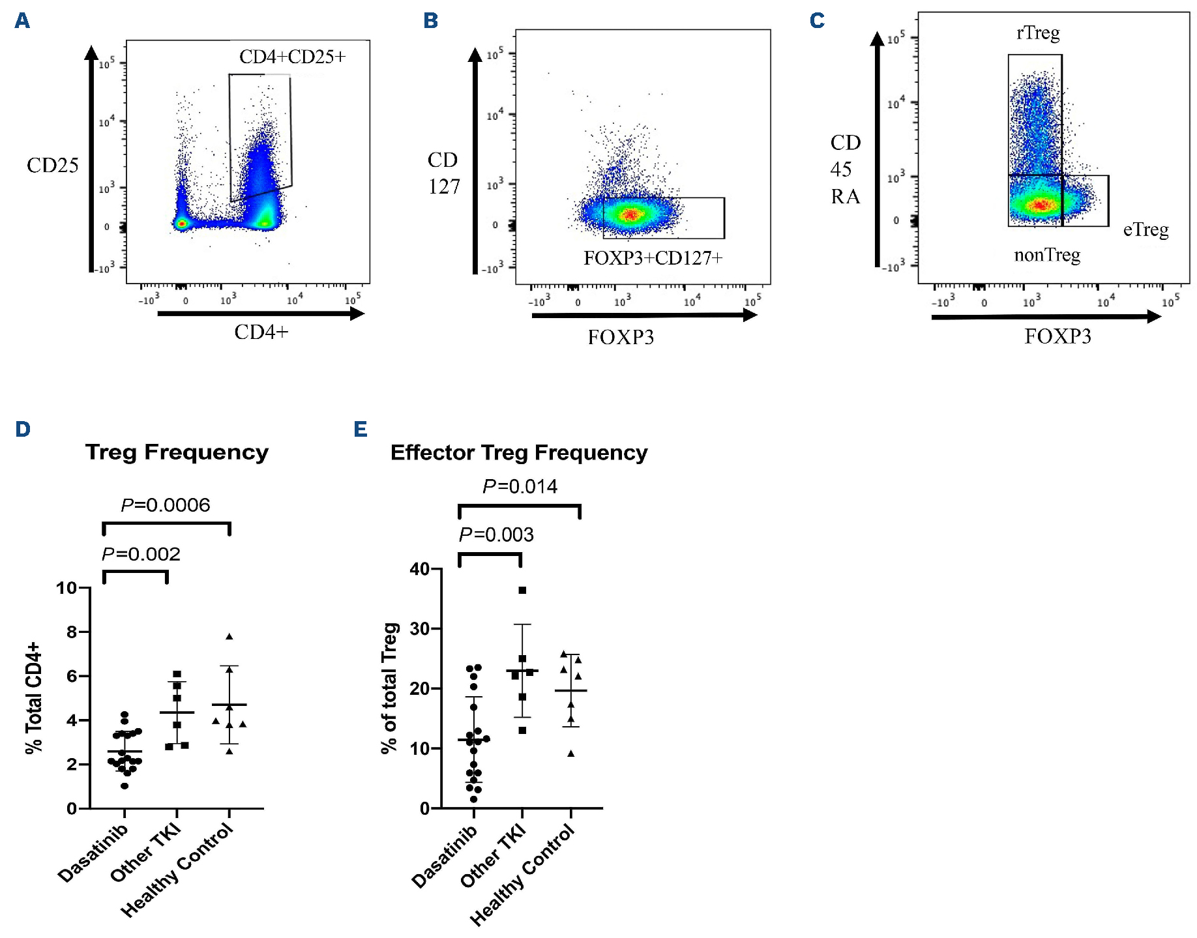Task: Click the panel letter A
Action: (x=22, y=21)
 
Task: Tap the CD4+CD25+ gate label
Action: (x=292, y=57)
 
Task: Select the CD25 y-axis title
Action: (x=52, y=166)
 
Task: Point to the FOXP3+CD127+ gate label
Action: (x=653, y=258)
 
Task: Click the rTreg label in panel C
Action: (x=1038, y=33)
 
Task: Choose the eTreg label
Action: (x=1145, y=229)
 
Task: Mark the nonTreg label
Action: (x=1047, y=255)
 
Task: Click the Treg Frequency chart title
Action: (x=177, y=452)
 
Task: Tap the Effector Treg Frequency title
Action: (x=518, y=452)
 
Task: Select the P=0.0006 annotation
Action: (x=166, y=505)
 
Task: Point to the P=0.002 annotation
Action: (x=141, y=554)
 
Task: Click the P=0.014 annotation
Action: (x=520, y=486)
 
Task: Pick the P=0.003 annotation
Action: (x=496, y=535)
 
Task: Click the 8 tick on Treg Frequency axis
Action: (x=72, y=632)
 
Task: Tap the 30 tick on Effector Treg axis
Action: (x=421, y=628)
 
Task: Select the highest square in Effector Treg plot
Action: (x=522, y=591)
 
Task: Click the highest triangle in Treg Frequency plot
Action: (x=229, y=636)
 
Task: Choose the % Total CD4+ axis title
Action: (x=34, y=697)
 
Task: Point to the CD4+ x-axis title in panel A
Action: (x=261, y=332)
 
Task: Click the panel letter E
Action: (x=361, y=430)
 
